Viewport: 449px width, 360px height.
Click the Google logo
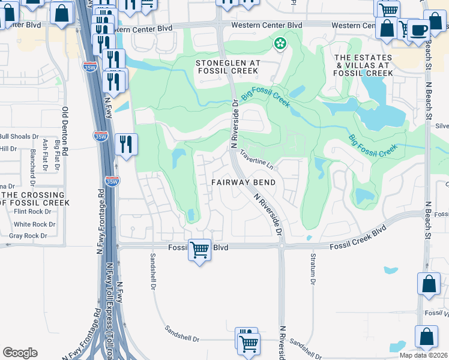coord(20,353)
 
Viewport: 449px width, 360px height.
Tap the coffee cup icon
coord(418,29)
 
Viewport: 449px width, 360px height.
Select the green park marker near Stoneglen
coord(279,43)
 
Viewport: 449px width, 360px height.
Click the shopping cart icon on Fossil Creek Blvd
coord(199,249)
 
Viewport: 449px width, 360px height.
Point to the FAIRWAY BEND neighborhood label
coord(243,182)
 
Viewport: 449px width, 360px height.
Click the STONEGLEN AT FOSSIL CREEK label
coord(227,67)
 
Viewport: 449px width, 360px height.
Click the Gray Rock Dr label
coord(28,236)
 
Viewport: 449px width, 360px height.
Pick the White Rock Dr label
coord(34,224)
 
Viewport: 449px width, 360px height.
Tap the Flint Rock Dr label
coord(34,211)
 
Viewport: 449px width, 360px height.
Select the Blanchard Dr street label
coord(31,163)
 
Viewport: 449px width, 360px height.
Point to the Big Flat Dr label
coord(58,154)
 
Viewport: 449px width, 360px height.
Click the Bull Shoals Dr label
coord(19,136)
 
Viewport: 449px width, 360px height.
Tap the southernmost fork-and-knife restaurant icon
coord(126,144)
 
